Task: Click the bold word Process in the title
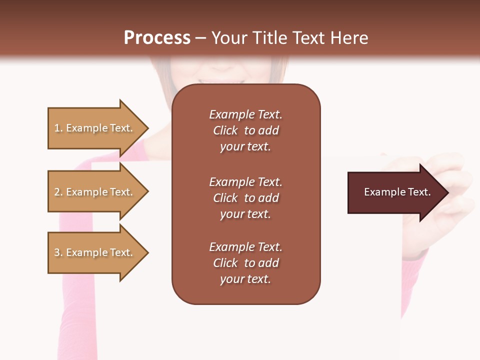(x=157, y=37)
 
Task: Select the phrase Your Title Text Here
(x=290, y=38)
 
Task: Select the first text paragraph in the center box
(x=245, y=130)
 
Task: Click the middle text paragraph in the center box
(x=245, y=198)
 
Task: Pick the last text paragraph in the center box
(x=245, y=263)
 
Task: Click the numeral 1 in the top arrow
(x=56, y=128)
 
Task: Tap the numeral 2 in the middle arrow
(x=57, y=192)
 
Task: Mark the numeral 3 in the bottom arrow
(x=57, y=252)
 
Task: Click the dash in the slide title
(x=200, y=38)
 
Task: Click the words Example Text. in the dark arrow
(x=397, y=192)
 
